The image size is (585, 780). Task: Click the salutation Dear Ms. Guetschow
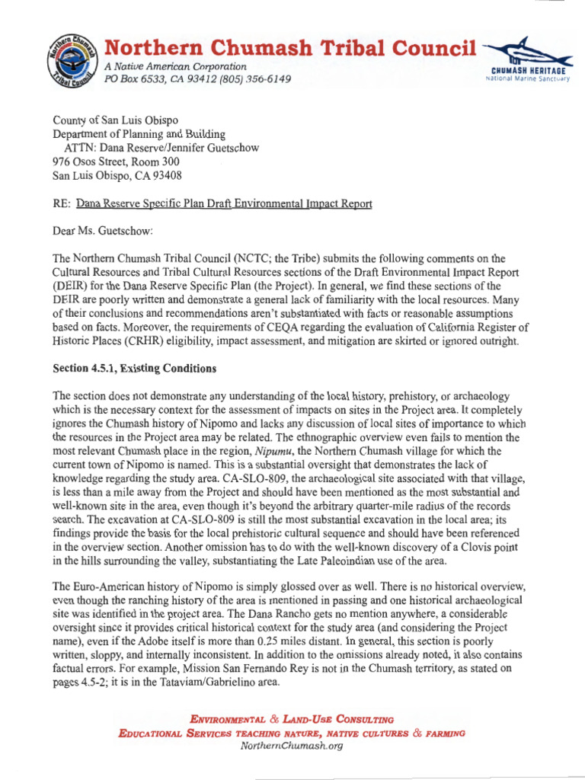(x=103, y=231)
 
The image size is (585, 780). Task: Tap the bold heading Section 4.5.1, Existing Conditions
(x=134, y=369)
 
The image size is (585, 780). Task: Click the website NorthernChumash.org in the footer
(x=292, y=746)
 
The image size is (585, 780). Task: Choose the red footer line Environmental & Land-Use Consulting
(x=292, y=719)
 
